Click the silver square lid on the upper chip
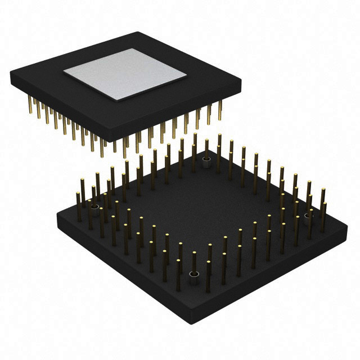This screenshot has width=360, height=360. (125, 74)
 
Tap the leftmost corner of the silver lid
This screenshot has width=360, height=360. (63, 73)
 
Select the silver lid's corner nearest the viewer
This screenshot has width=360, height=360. (118, 100)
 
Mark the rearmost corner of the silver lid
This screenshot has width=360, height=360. (132, 49)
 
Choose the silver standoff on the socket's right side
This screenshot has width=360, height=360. (308, 217)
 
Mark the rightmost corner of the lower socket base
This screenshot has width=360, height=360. (347, 227)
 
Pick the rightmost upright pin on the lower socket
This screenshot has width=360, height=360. (324, 211)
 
